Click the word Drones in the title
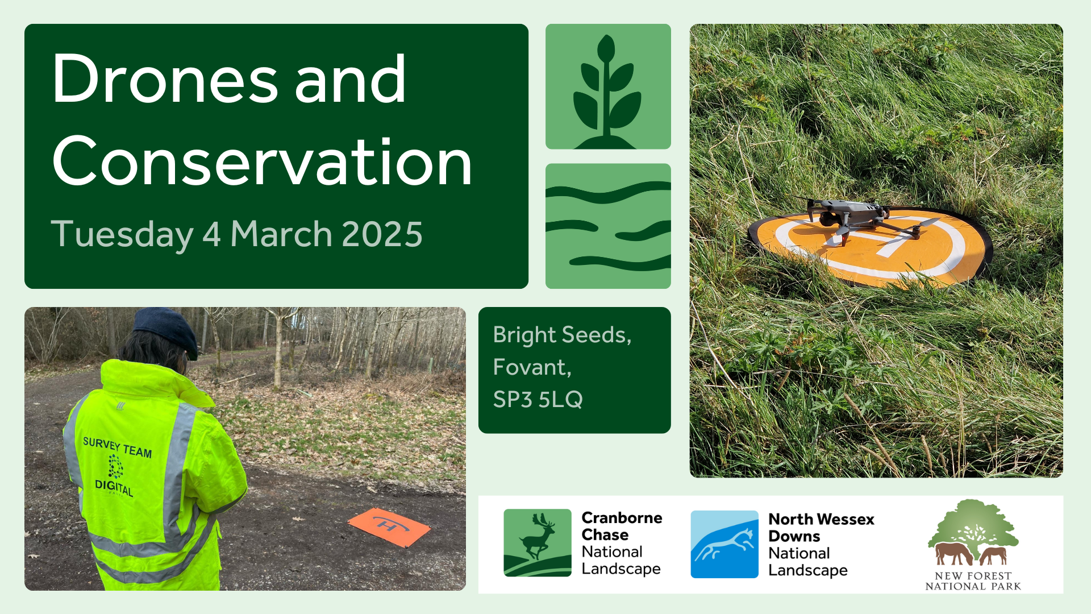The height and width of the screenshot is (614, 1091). click(165, 79)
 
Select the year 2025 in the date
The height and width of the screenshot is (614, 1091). click(382, 234)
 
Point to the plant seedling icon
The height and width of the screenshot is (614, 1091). click(607, 91)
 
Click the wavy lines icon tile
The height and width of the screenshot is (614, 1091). click(608, 226)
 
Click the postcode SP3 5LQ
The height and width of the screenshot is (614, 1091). click(538, 399)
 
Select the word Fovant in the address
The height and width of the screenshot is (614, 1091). click(532, 367)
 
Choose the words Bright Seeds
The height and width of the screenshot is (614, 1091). click(562, 335)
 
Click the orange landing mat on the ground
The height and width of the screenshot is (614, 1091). click(389, 527)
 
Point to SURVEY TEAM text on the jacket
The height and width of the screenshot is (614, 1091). click(118, 447)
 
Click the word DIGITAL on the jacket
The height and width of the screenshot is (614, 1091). click(114, 487)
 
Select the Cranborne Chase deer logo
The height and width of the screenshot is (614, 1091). click(538, 543)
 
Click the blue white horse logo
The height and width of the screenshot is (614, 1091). click(724, 544)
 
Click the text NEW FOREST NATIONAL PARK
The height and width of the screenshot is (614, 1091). click(973, 581)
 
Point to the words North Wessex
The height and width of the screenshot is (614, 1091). click(821, 519)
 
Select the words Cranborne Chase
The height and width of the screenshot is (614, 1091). click(622, 526)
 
